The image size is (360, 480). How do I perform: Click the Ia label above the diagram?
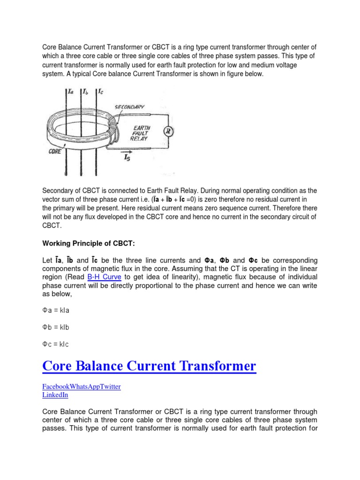[70, 92]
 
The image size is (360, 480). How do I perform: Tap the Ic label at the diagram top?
[101, 92]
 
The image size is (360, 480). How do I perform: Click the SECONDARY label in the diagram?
[129, 107]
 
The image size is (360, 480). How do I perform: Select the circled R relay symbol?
[168, 131]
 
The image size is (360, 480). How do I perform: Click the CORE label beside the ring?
[56, 152]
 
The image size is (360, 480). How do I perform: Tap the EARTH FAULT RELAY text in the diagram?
[141, 133]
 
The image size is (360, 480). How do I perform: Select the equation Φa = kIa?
[56, 310]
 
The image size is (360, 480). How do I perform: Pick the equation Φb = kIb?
[56, 327]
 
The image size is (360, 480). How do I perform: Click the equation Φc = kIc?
[56, 345]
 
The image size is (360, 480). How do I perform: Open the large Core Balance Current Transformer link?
[149, 366]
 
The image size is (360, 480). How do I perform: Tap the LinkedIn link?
[55, 395]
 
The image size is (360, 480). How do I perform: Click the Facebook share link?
[56, 387]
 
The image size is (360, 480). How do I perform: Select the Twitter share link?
[110, 387]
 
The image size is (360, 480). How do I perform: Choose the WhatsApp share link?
[84, 387]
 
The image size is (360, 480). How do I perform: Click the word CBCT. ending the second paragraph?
[52, 225]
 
